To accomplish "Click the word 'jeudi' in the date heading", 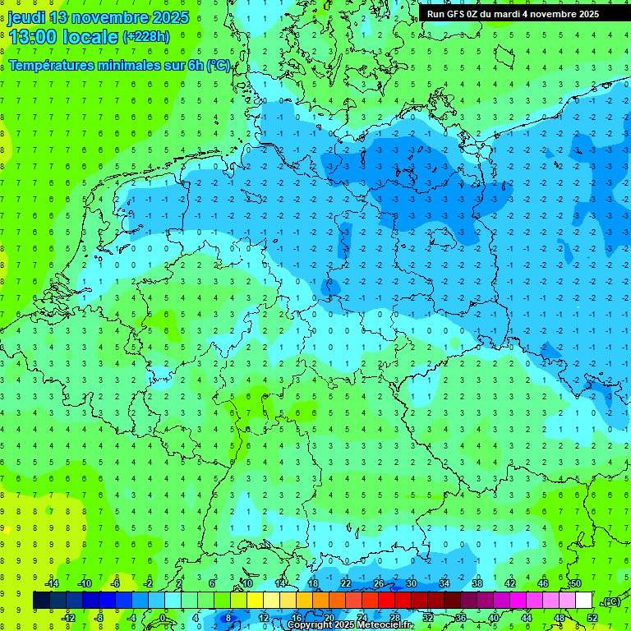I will tap(26, 17).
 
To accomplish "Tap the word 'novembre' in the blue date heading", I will tap(110, 17).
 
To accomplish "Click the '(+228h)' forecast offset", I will tap(145, 37).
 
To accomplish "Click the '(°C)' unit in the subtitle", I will tap(219, 65).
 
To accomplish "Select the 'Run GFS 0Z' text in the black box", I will tap(454, 14).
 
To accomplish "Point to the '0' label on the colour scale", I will tap(162, 618).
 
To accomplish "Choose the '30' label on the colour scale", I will tap(411, 583).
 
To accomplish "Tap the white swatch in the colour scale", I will tap(584, 601).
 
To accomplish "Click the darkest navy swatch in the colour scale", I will tap(41, 601).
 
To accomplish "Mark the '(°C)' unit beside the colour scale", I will tap(611, 601).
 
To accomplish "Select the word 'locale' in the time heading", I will tap(94, 37).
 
